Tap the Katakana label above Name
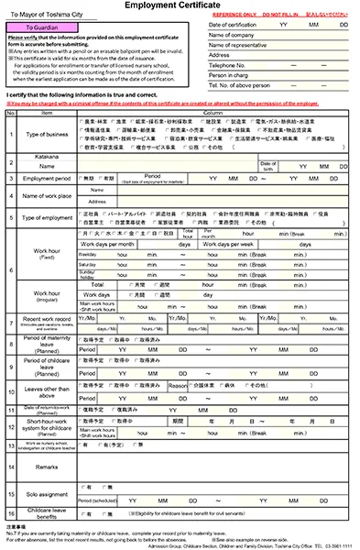click(45, 155)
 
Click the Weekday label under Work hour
click(93, 254)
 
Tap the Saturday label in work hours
click(93, 264)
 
